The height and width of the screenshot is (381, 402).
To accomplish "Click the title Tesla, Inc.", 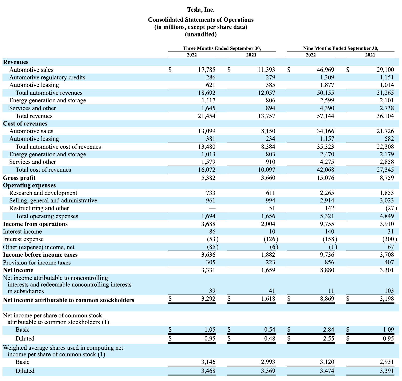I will (201, 10).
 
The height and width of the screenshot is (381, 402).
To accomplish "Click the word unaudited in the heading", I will (201, 34).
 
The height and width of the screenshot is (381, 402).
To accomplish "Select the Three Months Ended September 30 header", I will (222, 48).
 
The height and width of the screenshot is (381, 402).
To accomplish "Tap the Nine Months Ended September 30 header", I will (340, 48).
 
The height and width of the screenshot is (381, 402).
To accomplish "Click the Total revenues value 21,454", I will (207, 116).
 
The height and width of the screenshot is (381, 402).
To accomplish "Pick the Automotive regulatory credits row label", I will (47, 77).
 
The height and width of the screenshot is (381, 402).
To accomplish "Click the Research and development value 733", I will (210, 193).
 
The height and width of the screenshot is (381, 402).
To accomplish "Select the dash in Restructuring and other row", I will (212, 209).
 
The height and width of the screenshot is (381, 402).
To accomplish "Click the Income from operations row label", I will (35, 224).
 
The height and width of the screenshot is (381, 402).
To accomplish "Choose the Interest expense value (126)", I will (271, 239).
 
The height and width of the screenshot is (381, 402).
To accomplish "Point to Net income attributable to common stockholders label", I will (68, 300).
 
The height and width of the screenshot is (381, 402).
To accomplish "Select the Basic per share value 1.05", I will (210, 330).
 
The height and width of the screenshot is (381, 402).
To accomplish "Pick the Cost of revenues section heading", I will (25, 124).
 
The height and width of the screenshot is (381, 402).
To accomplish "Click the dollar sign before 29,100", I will (348, 70).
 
